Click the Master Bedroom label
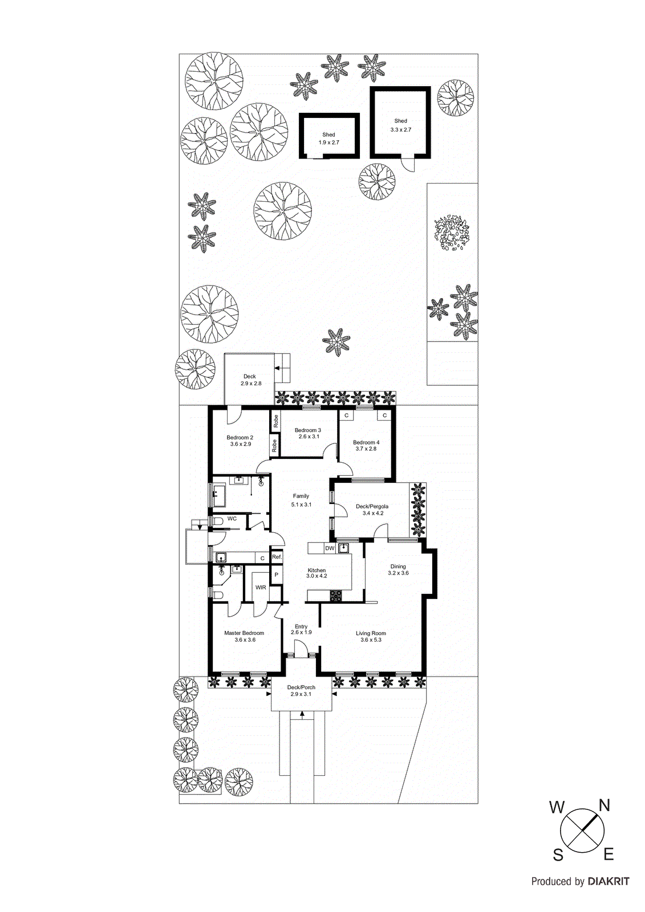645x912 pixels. (x=244, y=633)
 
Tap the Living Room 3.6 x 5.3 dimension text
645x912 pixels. (x=371, y=640)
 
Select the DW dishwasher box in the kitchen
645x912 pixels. (x=330, y=548)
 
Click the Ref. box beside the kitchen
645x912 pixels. (x=277, y=557)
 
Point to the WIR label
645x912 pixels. (x=261, y=588)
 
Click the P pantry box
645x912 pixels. (x=277, y=575)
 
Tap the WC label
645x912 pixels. (x=232, y=519)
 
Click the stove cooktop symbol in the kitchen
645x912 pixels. (x=336, y=596)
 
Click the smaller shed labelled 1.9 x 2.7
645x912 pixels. (x=329, y=136)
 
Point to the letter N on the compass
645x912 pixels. (x=605, y=805)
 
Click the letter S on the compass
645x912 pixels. (x=558, y=855)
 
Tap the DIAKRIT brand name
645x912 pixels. (x=609, y=881)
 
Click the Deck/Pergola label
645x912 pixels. (x=372, y=506)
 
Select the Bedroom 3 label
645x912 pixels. (x=308, y=430)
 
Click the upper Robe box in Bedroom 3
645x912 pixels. (x=276, y=422)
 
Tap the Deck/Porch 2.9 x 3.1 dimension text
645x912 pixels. (x=301, y=694)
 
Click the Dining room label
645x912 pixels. (x=398, y=567)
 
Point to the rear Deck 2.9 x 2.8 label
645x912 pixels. (x=250, y=376)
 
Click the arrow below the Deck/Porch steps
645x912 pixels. (x=302, y=714)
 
